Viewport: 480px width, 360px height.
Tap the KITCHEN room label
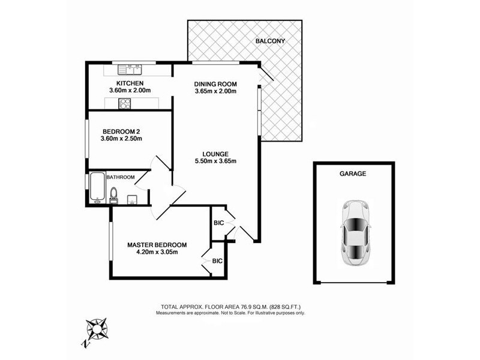coord(130,83)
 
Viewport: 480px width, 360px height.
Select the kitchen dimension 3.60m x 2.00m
coord(130,91)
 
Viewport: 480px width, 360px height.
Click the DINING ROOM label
coord(216,83)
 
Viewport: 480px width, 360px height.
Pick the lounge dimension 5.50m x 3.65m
coord(216,161)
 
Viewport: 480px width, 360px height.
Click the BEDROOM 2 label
coord(121,131)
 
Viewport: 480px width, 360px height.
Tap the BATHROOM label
coord(121,177)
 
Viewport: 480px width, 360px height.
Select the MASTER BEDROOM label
coord(157,245)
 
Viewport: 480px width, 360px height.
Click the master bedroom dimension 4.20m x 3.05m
coord(157,252)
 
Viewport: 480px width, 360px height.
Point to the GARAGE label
coord(353,173)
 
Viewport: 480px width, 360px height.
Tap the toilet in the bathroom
coord(114,194)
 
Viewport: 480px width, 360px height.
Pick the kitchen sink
coord(130,67)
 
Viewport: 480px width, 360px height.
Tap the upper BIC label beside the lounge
coord(218,223)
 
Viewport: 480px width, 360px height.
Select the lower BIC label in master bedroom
coord(217,261)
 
